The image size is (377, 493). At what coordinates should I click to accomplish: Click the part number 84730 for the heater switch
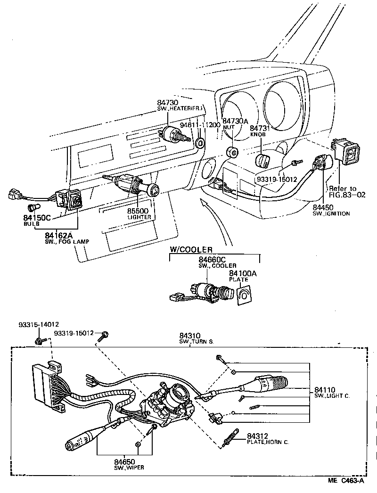click(x=167, y=102)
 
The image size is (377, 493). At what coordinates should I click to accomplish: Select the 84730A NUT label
click(x=235, y=121)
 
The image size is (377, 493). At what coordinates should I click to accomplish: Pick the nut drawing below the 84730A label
click(x=232, y=152)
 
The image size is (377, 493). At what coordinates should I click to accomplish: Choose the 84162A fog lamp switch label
click(x=59, y=235)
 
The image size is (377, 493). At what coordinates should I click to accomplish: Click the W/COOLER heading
click(x=191, y=249)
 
